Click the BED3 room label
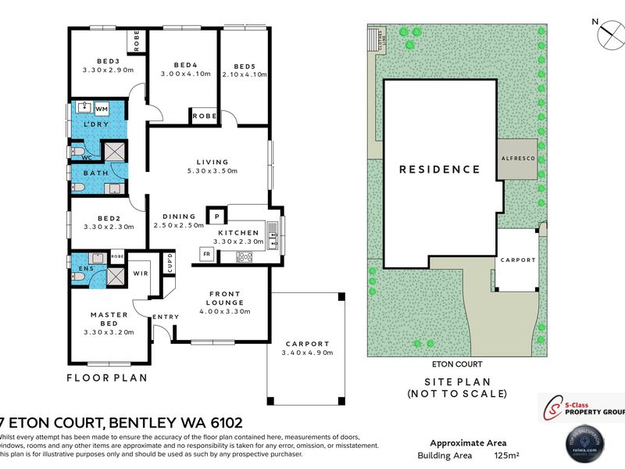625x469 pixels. (108, 60)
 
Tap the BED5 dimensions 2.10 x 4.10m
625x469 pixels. (245, 74)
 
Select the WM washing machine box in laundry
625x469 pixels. (102, 109)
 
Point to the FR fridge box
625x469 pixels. (207, 254)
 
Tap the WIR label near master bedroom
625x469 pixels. (141, 274)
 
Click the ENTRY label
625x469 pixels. (166, 317)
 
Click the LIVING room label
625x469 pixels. (212, 162)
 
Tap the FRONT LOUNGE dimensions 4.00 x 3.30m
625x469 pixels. (223, 311)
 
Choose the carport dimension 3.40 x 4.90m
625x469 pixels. (306, 353)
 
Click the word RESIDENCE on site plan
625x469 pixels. (440, 169)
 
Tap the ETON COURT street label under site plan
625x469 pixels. (457, 364)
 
